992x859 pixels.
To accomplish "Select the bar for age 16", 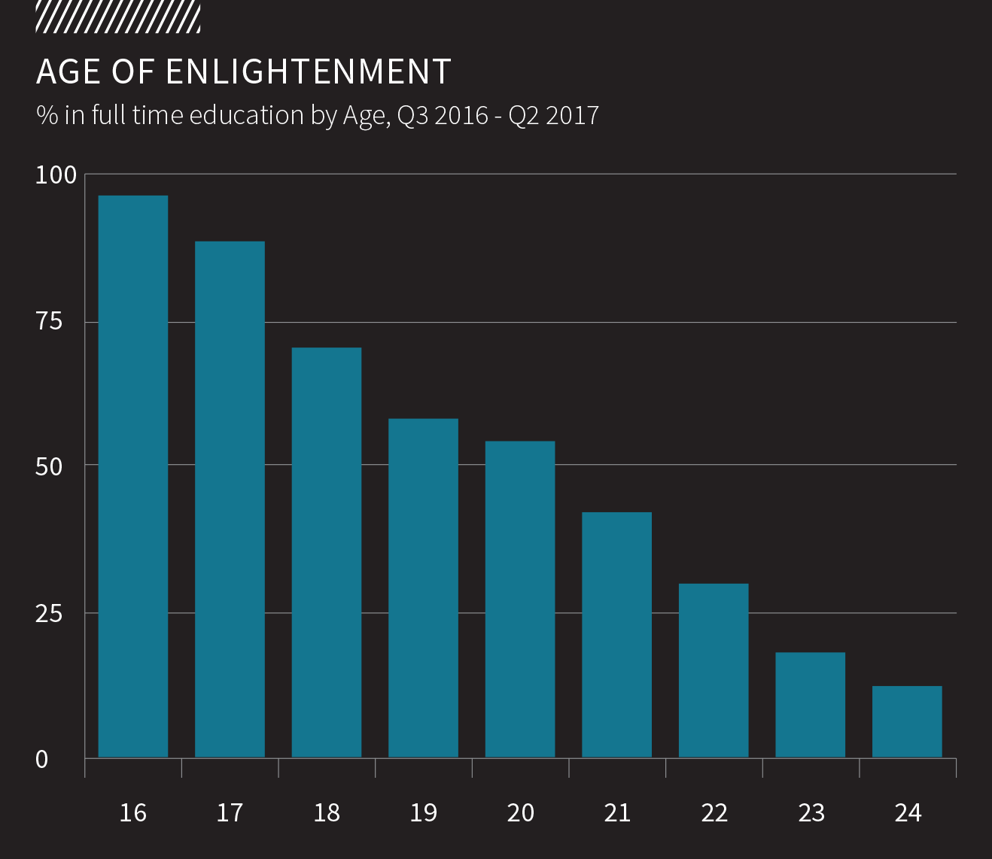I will pos(133,476).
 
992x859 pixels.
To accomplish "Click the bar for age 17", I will pos(230,499).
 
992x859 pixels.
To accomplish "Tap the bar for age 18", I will pos(327,552).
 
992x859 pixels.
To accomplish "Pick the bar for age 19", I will pos(423,587).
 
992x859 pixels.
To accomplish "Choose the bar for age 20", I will pos(520,599).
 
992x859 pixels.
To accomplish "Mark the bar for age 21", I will pos(616,634).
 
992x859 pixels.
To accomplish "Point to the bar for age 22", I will pos(714,670).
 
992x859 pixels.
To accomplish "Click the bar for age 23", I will pos(810,705).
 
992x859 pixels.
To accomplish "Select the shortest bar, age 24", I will pos(907,721).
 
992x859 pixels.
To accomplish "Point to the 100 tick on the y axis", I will pos(56,175).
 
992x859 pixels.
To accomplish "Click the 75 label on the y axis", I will pos(49,322).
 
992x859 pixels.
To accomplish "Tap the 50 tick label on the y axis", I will pos(49,467).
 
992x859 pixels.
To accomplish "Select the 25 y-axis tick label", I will pos(49,614).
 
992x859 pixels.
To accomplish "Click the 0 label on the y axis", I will pos(42,760).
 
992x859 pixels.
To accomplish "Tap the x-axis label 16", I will pos(133,813).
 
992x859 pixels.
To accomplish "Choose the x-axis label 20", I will pos(520,813).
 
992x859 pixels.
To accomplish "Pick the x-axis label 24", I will pos(908,813).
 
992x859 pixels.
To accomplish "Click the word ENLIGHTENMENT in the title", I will pos(308,72).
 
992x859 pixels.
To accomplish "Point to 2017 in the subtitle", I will pos(572,116).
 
